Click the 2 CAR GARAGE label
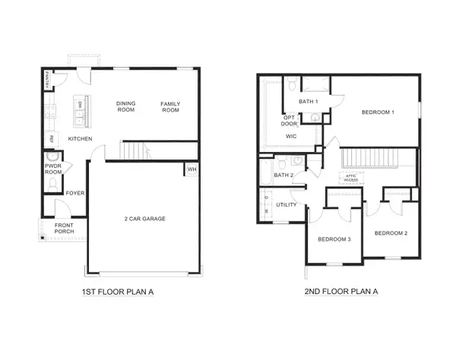pos(145,219)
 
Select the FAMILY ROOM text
pos(169,107)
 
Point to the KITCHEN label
pos(81,139)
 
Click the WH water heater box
pos(192,169)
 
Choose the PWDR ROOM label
pos(53,169)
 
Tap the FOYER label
pos(75,193)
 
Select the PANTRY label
pos(47,80)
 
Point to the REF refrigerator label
pos(52,139)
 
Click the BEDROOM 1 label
pos(378,112)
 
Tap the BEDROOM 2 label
pos(390,232)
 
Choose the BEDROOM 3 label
pos(334,239)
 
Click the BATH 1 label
pos(308,102)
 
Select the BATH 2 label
pos(283,175)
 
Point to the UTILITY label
pos(287,204)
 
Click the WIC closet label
pos(290,136)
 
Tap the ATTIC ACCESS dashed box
pos(350,177)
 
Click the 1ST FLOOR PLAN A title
pos(118,291)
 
